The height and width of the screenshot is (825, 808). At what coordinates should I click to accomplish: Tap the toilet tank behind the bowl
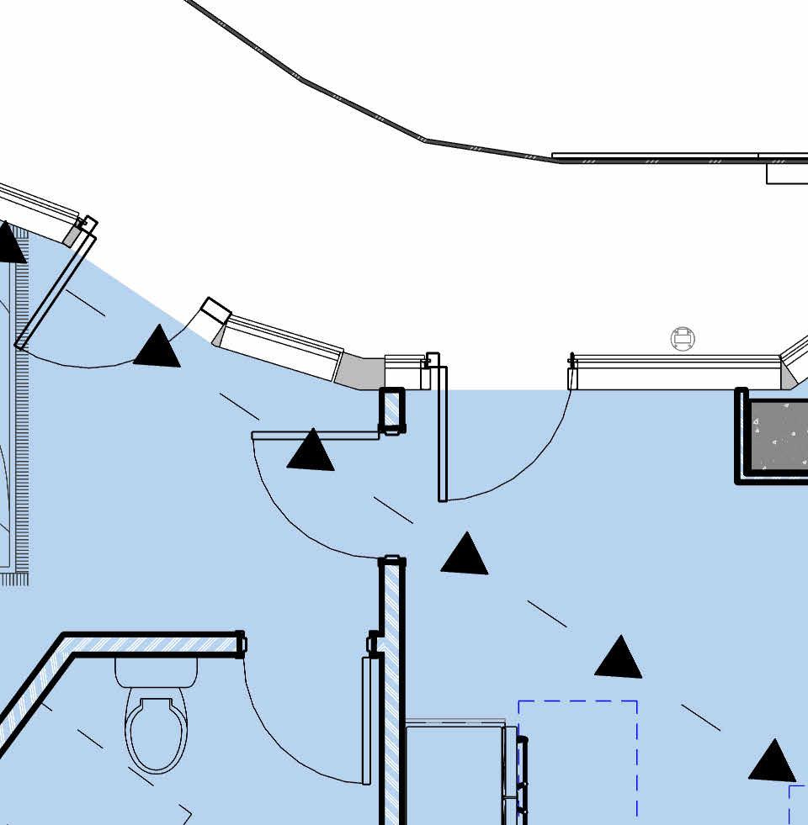tap(157, 672)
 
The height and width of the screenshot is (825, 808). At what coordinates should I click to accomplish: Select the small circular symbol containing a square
tap(683, 340)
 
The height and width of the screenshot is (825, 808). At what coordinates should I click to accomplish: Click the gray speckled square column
tap(778, 436)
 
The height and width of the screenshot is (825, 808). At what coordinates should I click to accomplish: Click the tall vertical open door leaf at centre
tap(443, 433)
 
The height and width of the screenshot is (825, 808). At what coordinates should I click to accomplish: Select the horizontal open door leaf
tap(316, 435)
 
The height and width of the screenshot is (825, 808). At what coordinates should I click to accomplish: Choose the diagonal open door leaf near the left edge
tap(56, 291)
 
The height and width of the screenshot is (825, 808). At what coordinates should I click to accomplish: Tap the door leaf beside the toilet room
tap(366, 720)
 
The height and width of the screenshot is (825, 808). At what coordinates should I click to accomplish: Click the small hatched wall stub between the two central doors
tap(391, 410)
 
